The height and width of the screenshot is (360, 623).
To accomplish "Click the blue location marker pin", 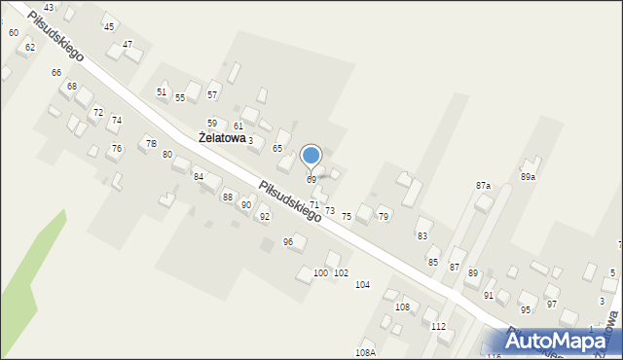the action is click(x=311, y=157).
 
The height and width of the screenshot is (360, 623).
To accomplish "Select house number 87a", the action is click(x=483, y=185).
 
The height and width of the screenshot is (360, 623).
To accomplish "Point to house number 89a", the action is click(x=528, y=177).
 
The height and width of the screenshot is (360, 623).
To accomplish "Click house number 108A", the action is click(x=365, y=352).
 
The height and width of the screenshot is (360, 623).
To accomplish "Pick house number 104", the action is click(x=362, y=284).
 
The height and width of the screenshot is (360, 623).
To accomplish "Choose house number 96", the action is click(x=288, y=241).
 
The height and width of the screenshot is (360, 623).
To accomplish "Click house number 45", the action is click(x=108, y=26).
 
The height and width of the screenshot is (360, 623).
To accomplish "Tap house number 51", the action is click(x=162, y=91).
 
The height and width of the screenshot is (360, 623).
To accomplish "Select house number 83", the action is click(x=422, y=235).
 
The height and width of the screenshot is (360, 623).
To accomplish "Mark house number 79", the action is click(x=384, y=215).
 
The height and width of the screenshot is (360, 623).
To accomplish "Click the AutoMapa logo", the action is click(x=563, y=340).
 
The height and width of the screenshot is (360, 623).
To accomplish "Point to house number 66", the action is click(x=56, y=73).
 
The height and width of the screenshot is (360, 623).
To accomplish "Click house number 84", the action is click(x=199, y=176).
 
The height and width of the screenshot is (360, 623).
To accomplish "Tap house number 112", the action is click(x=438, y=326).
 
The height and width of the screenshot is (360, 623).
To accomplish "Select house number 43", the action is click(x=49, y=7).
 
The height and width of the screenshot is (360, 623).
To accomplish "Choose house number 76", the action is click(x=117, y=148).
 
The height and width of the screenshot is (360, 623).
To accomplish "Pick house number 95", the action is click(x=526, y=309).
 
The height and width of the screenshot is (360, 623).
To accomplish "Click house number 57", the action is click(x=212, y=94).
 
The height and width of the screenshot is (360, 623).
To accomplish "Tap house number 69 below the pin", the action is click(x=311, y=180).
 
